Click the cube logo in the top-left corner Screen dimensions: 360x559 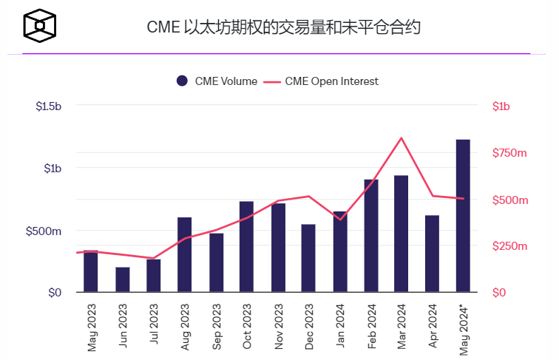click(39, 27)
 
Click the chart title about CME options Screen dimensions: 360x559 click(284, 28)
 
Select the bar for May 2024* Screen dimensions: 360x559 click(463, 215)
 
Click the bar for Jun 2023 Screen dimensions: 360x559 click(123, 279)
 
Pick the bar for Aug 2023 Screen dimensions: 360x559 click(185, 254)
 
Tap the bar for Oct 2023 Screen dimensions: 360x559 click(246, 246)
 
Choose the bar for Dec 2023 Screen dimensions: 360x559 click(308, 258)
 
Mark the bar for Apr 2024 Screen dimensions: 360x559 click(432, 254)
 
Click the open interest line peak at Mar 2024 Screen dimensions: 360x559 click(401, 137)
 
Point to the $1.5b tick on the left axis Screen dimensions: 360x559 click(48, 106)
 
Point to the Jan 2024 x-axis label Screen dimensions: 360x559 click(339, 326)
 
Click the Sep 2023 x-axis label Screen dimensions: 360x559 click(216, 326)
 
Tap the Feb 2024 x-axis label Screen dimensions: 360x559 click(370, 326)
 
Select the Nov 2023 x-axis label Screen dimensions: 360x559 click(277, 326)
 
